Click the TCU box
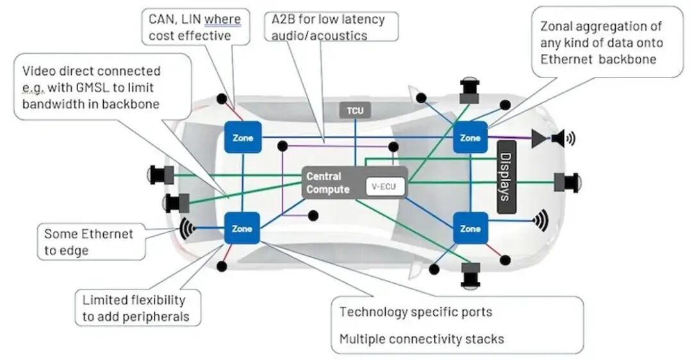355,110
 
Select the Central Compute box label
328,183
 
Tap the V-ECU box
384,187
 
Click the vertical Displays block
506,177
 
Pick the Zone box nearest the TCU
243,137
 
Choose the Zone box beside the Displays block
470,137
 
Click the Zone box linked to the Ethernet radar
242,228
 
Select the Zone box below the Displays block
470,228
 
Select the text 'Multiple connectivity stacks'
422,339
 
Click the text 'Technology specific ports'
416,312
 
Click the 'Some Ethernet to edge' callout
88,241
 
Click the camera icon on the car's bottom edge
471,274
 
